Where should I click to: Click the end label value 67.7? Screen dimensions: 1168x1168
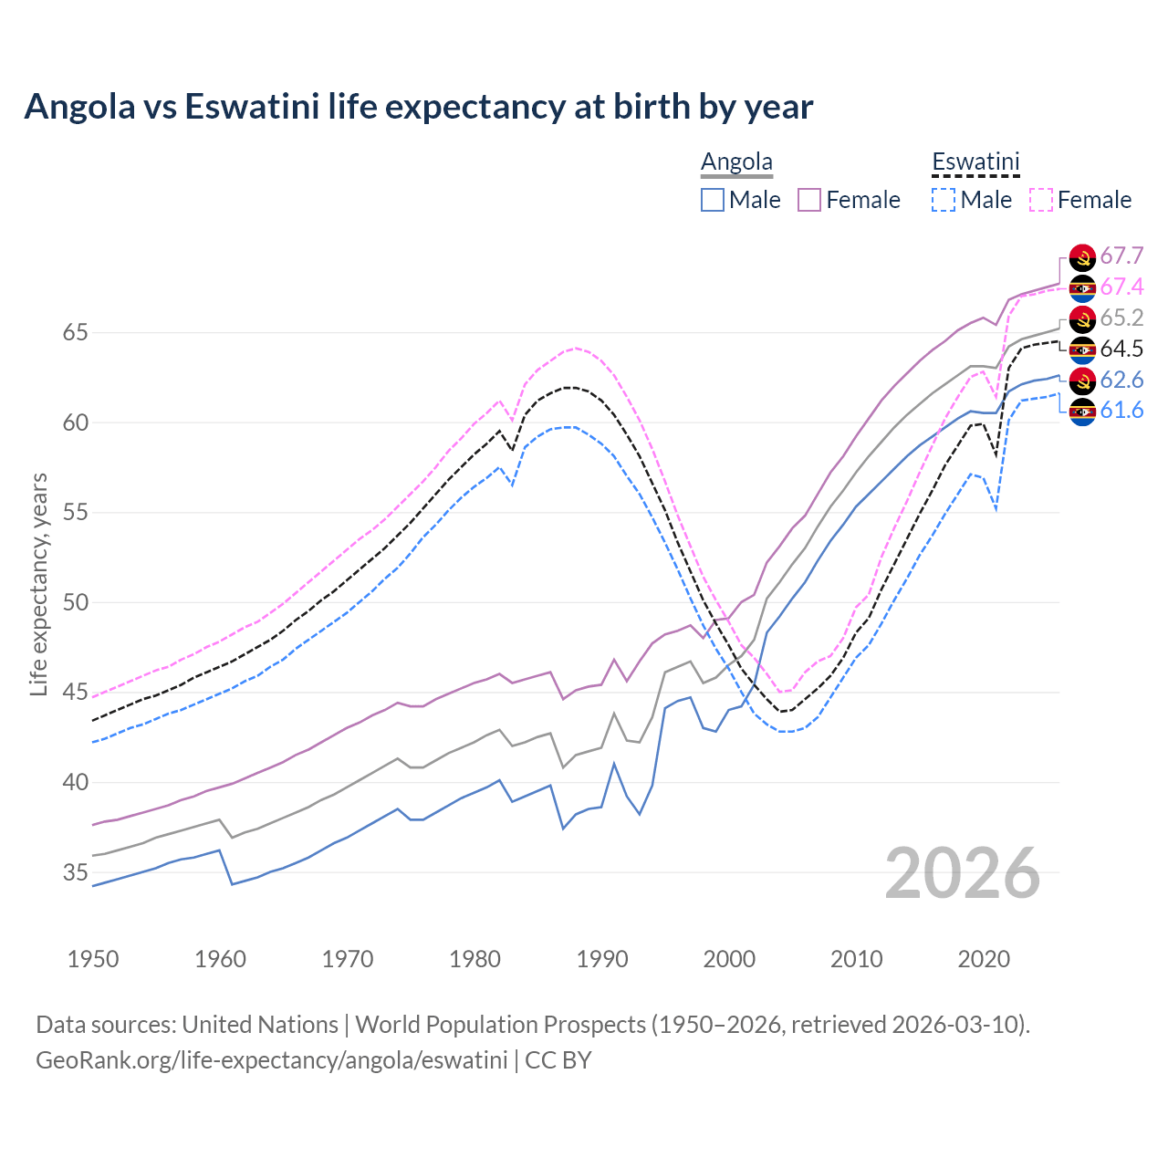tap(1121, 256)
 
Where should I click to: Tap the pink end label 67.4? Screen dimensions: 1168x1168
tap(1121, 287)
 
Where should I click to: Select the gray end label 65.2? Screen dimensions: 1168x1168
tap(1121, 318)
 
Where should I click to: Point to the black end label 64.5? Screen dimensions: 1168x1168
tap(1121, 349)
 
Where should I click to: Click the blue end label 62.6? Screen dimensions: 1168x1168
tap(1121, 381)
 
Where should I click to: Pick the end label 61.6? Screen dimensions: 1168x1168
tap(1121, 412)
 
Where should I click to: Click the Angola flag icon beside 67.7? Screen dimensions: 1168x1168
tap(1082, 257)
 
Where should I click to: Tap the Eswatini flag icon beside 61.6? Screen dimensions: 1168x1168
tap(1082, 412)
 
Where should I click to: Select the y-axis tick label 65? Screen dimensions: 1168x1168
tap(75, 333)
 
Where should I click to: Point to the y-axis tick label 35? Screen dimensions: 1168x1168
tap(75, 873)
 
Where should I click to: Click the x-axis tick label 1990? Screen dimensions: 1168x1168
tap(602, 959)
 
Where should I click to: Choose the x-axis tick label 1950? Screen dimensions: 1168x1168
tap(93, 959)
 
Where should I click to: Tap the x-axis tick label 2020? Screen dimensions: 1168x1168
tap(984, 959)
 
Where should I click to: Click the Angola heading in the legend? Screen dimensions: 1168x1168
tap(736, 162)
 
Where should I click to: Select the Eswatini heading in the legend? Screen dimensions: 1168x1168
tap(975, 162)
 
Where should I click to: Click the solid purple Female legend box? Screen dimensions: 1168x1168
tap(809, 200)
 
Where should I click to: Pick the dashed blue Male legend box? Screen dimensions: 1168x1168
tap(944, 200)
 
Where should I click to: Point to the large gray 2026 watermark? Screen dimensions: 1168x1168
tap(962, 874)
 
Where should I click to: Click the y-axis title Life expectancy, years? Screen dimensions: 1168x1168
tap(38, 584)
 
